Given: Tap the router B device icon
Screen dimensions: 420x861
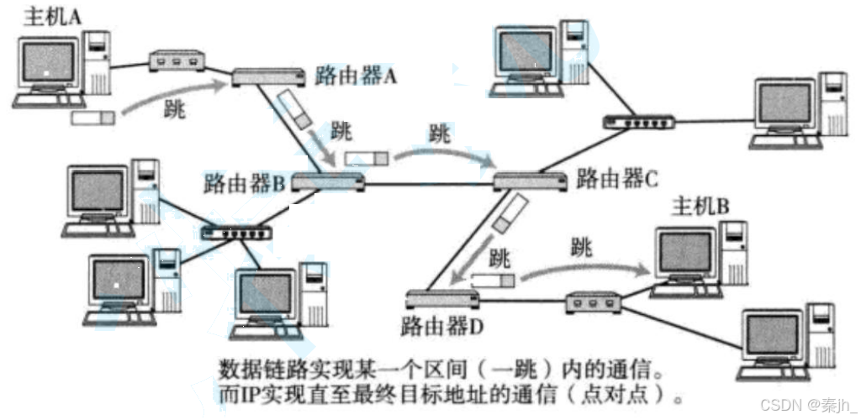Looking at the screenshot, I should tap(329, 181).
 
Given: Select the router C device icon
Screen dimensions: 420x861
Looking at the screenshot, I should tap(529, 180).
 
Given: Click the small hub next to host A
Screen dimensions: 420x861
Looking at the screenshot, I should tap(177, 60).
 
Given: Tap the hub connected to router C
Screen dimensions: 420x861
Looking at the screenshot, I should tap(638, 121).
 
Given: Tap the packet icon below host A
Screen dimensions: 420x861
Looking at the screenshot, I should tap(92, 118).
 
